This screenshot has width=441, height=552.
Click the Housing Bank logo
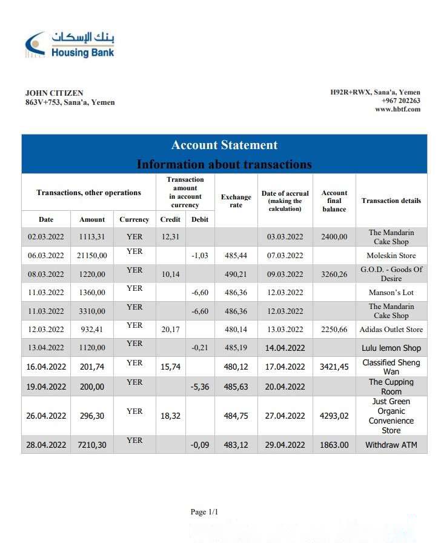pos(70,44)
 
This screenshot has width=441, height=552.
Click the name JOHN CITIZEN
pos(55,93)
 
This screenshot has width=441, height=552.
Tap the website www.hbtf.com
pos(397,109)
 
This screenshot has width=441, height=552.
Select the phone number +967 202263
pos(401,101)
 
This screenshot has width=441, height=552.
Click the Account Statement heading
pos(224,145)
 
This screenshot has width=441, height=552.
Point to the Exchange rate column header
pos(236,201)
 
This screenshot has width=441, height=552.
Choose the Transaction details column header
pos(391,201)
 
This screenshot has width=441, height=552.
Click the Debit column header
pos(200,219)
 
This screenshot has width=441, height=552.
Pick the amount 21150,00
pos(92,256)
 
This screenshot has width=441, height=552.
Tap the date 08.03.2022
pos(46,274)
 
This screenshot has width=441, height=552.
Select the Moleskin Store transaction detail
pos(391,256)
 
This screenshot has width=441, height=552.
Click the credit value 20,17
pos(170,330)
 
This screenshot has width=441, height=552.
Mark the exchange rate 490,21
pos(236,274)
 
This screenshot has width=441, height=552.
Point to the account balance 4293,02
pos(334,416)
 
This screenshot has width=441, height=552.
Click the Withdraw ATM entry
pos(391,445)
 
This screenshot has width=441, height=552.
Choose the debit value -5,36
pos(200,387)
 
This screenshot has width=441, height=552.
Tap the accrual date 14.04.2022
pos(285,348)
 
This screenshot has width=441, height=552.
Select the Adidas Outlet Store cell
pos(391,330)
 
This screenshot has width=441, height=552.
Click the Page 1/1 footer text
pos(204,512)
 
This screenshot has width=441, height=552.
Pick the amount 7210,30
pos(92,445)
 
